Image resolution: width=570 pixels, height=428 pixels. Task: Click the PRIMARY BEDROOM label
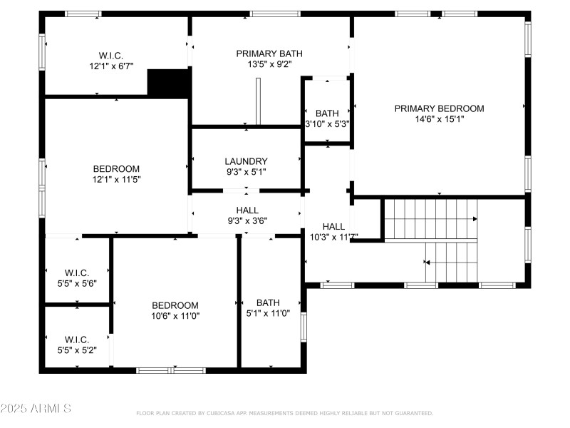tap(439, 108)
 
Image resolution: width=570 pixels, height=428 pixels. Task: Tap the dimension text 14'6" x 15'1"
tap(439, 119)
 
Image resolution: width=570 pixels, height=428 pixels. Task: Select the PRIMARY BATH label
tap(269, 53)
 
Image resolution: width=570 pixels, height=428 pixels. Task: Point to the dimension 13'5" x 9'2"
tap(269, 64)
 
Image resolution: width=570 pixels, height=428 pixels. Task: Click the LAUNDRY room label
tap(246, 161)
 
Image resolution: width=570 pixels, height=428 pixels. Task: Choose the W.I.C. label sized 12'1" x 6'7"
tap(111, 55)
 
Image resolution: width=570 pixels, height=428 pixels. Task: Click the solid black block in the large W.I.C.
tap(168, 83)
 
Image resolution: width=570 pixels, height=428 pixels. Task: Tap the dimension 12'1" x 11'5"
tap(116, 180)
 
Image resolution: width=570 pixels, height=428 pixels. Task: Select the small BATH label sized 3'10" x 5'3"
tap(327, 113)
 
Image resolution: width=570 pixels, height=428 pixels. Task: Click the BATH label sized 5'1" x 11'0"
tap(269, 302)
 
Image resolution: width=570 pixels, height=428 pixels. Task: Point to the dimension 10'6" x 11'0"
tap(175, 316)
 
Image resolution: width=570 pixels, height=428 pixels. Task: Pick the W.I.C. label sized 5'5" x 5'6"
tap(76, 272)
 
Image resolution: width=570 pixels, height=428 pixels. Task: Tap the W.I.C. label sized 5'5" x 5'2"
tap(76, 339)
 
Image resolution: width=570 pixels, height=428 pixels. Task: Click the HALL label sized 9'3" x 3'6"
tap(247, 210)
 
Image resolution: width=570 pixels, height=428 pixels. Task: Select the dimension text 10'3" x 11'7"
tap(333, 237)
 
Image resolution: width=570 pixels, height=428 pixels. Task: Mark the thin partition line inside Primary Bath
tap(259, 100)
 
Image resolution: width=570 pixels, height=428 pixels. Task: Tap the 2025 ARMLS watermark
tap(36, 409)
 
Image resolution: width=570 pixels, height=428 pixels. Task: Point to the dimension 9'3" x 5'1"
tap(246, 172)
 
